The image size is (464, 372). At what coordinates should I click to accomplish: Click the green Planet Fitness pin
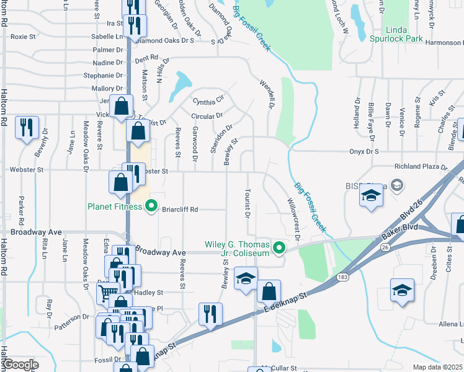pos(149,208)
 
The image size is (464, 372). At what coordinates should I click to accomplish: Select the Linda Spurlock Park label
pos(404,35)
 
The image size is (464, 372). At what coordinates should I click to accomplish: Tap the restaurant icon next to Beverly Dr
pos(27,128)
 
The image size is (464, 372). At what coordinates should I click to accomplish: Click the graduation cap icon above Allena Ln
pos(401,290)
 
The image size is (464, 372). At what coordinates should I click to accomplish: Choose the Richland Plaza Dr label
pos(421,167)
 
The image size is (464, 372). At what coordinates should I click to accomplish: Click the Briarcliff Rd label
pos(180,210)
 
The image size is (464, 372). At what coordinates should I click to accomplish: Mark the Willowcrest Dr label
pos(293,219)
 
